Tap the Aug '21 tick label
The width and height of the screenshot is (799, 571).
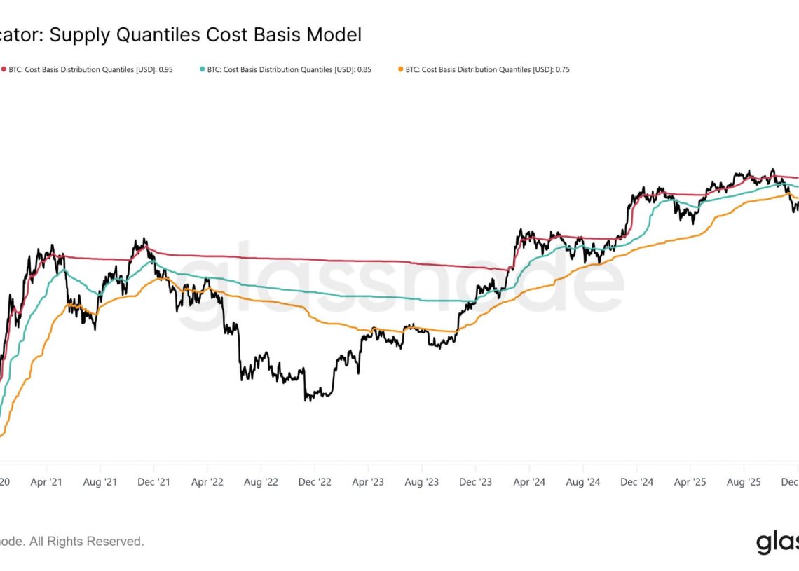100,482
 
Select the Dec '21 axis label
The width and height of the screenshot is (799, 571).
153,482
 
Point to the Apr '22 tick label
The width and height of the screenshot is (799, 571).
207,482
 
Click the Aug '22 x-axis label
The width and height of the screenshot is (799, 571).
261,482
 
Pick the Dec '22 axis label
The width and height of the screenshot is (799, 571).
315,482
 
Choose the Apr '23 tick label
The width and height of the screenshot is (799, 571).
368,482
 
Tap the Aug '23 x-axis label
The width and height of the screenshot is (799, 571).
422,482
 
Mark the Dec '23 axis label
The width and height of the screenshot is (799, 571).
476,482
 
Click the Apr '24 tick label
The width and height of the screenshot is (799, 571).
529,482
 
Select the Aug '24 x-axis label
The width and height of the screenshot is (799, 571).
583,482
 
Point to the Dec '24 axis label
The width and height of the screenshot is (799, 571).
637,482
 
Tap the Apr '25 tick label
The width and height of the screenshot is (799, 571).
690,482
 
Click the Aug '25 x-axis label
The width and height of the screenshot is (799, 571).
744,482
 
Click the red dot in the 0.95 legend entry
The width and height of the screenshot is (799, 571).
4,69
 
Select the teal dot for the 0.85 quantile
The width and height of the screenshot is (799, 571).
203,69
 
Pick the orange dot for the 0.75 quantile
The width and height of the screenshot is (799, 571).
401,69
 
